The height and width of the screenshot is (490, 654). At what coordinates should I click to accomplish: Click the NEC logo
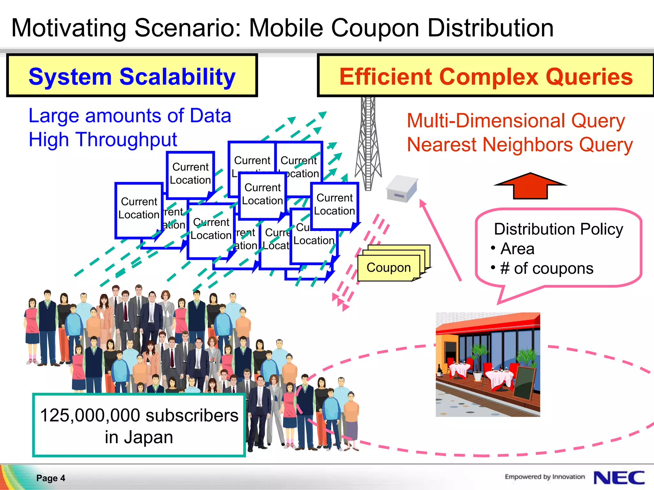[x=619, y=478]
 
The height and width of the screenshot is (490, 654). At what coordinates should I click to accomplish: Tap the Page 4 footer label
[x=50, y=478]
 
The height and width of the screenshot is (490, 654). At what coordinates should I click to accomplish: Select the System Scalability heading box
[x=132, y=76]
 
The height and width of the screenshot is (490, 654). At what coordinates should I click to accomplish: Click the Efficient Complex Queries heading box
[x=485, y=76]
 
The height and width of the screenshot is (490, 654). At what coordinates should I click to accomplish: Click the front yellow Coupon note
[x=388, y=268]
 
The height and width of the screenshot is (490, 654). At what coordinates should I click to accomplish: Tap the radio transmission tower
[x=368, y=144]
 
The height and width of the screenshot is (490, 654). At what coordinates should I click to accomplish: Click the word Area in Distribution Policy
[x=517, y=249]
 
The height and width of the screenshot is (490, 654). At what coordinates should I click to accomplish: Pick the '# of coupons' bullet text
[x=547, y=268]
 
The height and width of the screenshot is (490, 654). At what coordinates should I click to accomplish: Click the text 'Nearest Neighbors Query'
[x=520, y=145]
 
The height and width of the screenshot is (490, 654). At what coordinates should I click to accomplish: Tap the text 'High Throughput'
[x=103, y=139]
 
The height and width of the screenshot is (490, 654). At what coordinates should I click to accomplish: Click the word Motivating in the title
[x=69, y=28]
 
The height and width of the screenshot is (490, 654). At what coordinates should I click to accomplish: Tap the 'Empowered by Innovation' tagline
[x=544, y=477]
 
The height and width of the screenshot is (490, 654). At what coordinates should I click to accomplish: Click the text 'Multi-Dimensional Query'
[x=516, y=121]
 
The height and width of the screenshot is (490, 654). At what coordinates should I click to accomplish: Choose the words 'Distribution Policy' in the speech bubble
[x=558, y=229]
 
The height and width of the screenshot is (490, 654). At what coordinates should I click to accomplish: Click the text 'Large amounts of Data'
[x=130, y=115]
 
